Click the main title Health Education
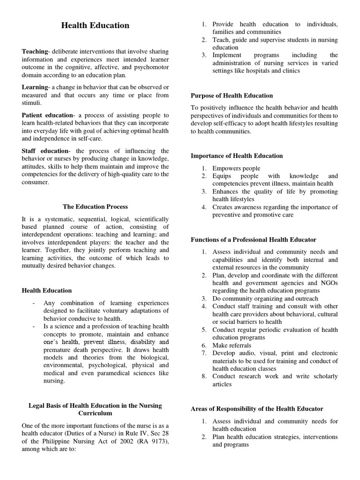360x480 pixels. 95,25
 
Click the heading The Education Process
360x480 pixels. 95,206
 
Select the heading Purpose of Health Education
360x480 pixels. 232,96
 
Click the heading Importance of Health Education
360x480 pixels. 237,156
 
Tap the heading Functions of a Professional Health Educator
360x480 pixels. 254,240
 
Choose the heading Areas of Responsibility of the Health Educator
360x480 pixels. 257,409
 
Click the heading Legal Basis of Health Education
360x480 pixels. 95,405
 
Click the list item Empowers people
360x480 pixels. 236,168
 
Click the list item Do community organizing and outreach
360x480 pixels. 265,299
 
